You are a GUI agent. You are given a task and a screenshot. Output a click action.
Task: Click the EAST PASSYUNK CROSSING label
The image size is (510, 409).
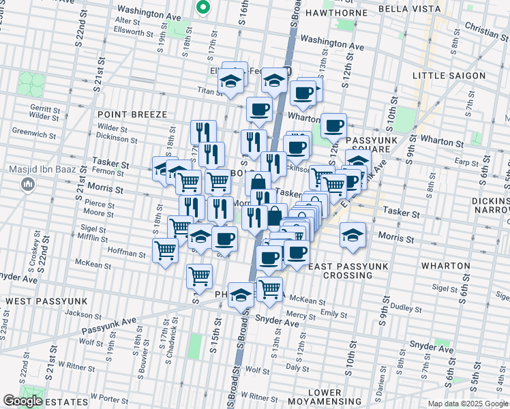pos(340,271)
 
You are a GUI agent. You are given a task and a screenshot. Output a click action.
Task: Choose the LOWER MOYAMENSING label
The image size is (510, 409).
pos(325,398)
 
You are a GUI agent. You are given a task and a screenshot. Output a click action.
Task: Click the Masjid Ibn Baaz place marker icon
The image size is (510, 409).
pos(28,183)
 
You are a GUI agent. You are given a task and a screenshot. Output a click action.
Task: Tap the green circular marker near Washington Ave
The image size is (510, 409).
pos(202,7)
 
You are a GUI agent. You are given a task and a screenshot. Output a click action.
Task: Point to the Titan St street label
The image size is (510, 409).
pos(205,90)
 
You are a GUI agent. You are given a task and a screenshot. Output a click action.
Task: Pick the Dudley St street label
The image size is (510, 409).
pos(408,308)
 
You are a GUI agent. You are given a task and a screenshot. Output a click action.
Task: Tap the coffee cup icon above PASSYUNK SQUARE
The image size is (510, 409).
pos(333,125)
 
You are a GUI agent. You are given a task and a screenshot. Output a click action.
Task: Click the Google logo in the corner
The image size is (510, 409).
pos(22,401)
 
